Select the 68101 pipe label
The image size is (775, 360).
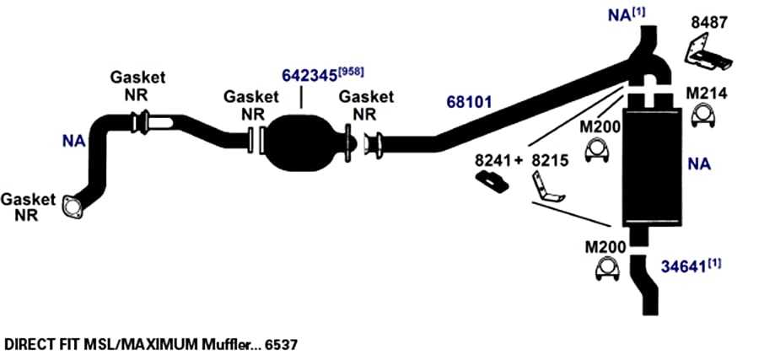coord(469,102)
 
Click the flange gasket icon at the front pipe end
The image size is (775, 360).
coord(72,207)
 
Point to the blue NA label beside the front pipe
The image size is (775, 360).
coord(73,142)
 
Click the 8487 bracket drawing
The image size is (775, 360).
coord(708,53)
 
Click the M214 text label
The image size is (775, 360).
coord(707,94)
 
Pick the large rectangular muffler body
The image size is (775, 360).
coord(652,167)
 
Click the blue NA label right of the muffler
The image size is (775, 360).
coord(699,164)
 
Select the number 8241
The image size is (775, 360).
coord(493,160)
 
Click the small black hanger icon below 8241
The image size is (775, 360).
coord(492,182)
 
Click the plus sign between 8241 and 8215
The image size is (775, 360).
coord(518,161)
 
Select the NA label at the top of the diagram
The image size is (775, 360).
coord(620,15)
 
